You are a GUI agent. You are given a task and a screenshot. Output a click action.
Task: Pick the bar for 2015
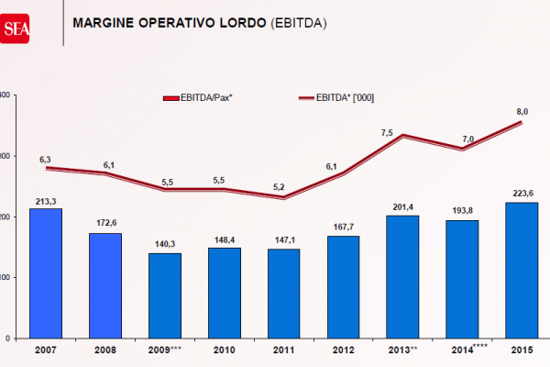click(522, 270)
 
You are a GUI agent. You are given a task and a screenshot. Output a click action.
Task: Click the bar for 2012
click(343, 286)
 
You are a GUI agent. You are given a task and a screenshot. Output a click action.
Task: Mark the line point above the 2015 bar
click(522, 122)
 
